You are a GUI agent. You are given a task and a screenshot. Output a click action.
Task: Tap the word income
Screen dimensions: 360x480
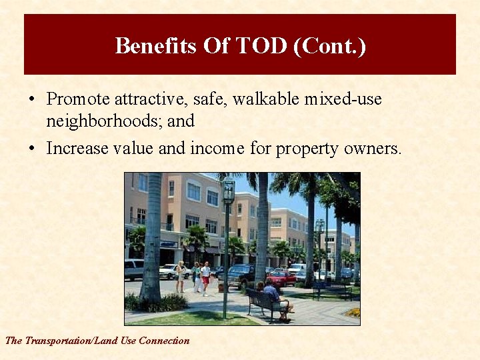pos(218,148)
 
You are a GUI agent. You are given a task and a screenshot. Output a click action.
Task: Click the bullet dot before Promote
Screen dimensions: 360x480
pos(31,100)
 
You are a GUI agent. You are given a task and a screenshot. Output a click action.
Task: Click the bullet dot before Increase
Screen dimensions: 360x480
pos(31,149)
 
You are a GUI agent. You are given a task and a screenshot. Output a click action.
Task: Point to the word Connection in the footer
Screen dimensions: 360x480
pos(164,341)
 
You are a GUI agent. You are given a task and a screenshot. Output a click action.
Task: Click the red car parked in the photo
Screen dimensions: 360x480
pos(281,278)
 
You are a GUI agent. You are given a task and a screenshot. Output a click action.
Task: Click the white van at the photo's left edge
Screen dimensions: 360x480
pos(133,269)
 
